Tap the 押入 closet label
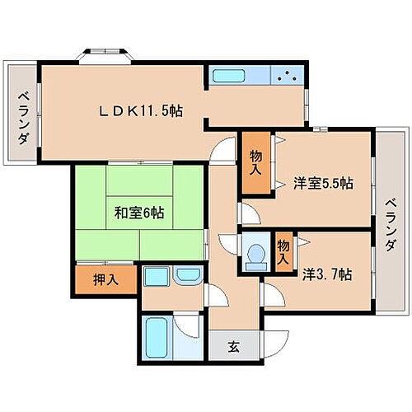103,279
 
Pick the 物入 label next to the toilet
283,251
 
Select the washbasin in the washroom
188,276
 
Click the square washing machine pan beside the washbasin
157,276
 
